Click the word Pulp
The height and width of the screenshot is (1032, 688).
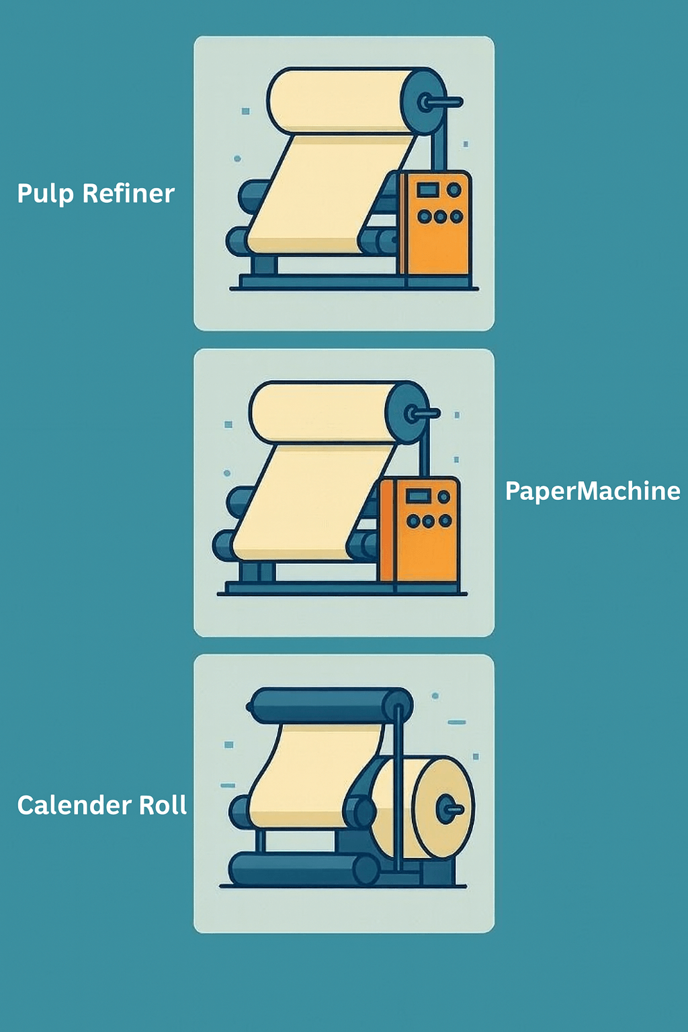click(45, 193)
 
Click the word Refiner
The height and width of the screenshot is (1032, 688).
click(128, 193)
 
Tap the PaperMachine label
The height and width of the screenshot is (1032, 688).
click(592, 491)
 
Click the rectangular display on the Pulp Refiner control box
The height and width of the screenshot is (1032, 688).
click(428, 190)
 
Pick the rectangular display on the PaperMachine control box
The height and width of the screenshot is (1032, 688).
click(418, 497)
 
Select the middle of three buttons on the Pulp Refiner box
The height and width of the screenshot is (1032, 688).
click(440, 216)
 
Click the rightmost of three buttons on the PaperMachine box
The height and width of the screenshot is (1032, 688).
click(445, 521)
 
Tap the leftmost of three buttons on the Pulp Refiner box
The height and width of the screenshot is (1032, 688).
click(425, 216)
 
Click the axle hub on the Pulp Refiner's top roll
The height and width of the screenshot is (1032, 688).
click(426, 102)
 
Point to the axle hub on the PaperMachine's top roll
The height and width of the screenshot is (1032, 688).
click(409, 413)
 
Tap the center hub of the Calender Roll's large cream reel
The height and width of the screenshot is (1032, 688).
click(445, 809)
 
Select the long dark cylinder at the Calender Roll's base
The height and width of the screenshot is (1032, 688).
click(302, 869)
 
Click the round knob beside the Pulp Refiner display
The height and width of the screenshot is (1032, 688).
click(454, 190)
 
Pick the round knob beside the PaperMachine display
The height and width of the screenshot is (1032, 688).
click(443, 497)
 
